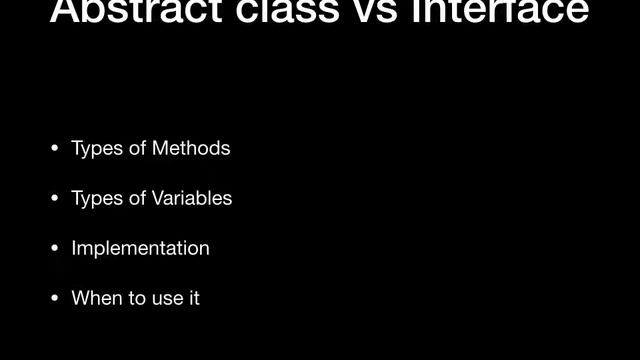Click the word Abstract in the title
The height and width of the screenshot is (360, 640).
click(x=127, y=10)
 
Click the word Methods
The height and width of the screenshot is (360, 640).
click(x=191, y=149)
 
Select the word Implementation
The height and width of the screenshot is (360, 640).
click(x=141, y=249)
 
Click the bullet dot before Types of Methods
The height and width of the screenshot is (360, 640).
click(x=55, y=150)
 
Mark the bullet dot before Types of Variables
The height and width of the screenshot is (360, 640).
click(x=55, y=199)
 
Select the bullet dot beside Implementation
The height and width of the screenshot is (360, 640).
click(x=55, y=249)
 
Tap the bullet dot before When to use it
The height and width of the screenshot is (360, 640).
click(x=55, y=298)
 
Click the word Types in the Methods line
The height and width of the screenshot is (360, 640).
click(x=96, y=149)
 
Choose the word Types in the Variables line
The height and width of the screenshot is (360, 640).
click(x=96, y=199)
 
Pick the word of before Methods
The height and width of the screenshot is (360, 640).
click(x=137, y=149)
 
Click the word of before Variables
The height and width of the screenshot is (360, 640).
click(x=137, y=199)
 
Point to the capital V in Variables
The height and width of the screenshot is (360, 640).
click(x=158, y=199)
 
